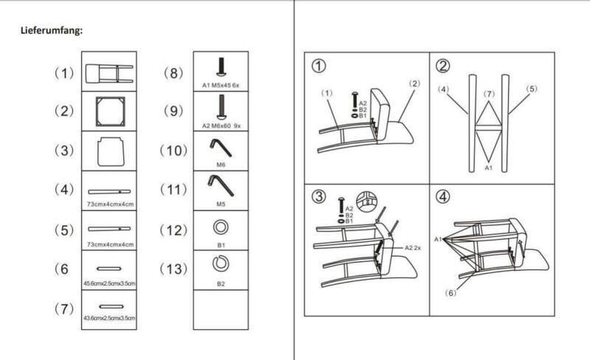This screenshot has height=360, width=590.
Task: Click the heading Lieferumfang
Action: click(x=52, y=30)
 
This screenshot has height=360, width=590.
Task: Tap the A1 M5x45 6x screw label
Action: click(x=221, y=86)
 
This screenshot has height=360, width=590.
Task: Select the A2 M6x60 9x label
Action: click(x=221, y=125)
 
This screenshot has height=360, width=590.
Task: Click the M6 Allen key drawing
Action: click(x=221, y=148)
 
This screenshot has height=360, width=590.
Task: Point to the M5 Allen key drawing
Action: click(x=221, y=186)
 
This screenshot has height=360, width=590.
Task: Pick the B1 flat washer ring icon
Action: click(x=221, y=227)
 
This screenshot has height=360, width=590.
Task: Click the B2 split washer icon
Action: click(x=221, y=263)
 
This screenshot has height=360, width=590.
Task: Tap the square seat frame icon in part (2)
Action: click(x=110, y=111)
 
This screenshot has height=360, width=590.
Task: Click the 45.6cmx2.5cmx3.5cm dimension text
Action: click(x=109, y=283)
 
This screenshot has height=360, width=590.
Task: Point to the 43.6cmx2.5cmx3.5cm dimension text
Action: click(x=109, y=318)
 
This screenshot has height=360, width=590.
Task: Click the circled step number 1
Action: click(x=319, y=66)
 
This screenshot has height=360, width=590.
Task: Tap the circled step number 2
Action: click(x=443, y=66)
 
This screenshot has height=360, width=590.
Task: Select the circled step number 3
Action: click(x=319, y=196)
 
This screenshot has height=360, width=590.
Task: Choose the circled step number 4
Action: click(x=443, y=196)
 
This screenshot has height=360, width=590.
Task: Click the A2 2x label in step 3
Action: click(x=413, y=248)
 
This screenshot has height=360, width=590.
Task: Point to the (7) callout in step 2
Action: click(x=489, y=94)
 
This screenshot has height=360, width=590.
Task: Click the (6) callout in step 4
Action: click(x=451, y=293)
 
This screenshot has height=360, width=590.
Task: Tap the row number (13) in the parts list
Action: click(x=173, y=269)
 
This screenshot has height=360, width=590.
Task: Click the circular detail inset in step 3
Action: click(x=367, y=201)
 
